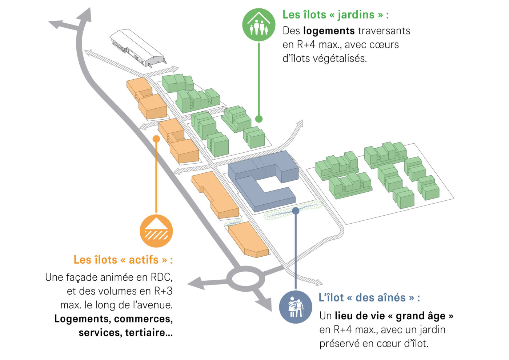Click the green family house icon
coord(258,24)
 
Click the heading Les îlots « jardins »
coord(336,15)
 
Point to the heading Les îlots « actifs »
coord(123,260)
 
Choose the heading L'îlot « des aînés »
coord(369,297)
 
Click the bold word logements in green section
coord(329,31)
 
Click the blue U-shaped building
coord(262,180)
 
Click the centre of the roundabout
coord(245,279)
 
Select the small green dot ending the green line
coord(258,119)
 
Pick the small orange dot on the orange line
coord(156,139)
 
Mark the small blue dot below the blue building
coord(296,211)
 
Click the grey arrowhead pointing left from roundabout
coord(195,283)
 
